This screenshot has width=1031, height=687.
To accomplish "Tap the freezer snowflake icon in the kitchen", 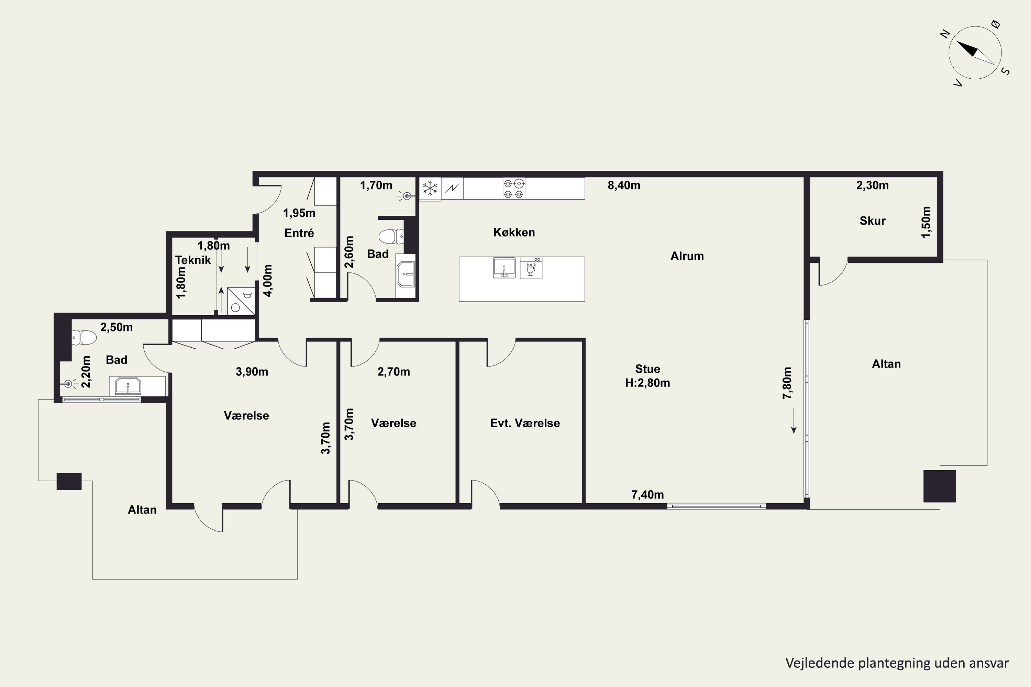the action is (430, 188).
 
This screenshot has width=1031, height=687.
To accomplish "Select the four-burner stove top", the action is (514, 188).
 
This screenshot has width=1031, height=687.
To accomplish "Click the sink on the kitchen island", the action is (504, 268).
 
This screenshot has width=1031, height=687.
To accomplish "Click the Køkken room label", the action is (514, 232).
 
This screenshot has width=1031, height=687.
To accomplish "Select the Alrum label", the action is (687, 256).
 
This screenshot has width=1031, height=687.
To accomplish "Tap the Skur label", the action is (872, 221).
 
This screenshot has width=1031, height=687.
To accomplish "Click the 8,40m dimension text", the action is (624, 185).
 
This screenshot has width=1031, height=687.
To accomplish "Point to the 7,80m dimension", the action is (787, 383).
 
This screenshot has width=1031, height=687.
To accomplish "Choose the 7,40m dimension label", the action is (647, 495).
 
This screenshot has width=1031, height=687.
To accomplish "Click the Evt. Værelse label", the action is (525, 423).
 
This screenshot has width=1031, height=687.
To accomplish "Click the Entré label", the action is (299, 233).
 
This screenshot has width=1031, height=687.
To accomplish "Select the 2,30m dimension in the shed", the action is (872, 185).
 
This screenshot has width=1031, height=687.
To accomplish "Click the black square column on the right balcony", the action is (939, 486).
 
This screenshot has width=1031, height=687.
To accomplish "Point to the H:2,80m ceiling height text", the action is (647, 383).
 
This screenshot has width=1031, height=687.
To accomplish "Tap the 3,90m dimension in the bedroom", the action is (252, 372).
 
